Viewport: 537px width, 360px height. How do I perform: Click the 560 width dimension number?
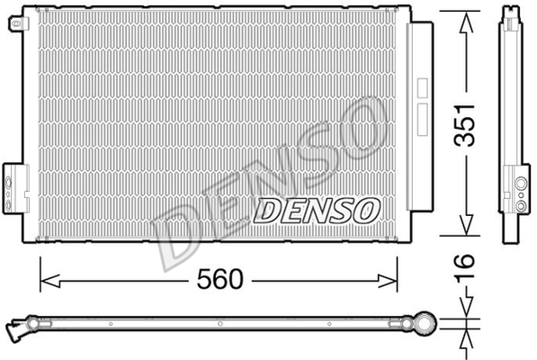(x=219, y=279)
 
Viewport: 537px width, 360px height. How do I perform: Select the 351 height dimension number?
(x=464, y=125)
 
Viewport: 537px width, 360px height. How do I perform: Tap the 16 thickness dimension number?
(x=464, y=267)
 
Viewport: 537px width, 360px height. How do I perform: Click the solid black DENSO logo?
(x=317, y=211)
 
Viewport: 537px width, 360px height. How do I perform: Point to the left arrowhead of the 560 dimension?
(x=50, y=281)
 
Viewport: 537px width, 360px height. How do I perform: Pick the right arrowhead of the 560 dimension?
(x=388, y=281)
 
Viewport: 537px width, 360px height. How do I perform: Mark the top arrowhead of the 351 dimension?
(x=466, y=22)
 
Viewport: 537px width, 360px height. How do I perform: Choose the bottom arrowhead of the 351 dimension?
(x=466, y=224)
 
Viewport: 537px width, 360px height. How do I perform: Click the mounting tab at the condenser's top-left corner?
(x=18, y=23)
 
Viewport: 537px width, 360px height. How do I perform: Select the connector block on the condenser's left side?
(x=15, y=189)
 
